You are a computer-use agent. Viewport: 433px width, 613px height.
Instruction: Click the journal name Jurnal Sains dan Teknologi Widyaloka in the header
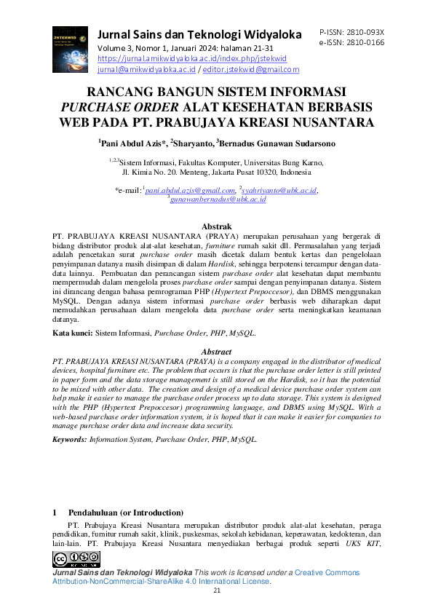[199, 35]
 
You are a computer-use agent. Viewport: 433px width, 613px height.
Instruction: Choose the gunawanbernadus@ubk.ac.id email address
[218, 198]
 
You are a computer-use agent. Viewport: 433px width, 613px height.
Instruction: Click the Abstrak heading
[216, 227]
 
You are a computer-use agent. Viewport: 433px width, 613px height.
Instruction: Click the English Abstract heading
[216, 352]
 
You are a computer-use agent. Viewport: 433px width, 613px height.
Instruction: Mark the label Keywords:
[70, 440]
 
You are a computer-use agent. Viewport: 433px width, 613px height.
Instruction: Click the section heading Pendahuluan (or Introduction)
[125, 513]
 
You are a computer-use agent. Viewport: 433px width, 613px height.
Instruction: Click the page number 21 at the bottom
[216, 590]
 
